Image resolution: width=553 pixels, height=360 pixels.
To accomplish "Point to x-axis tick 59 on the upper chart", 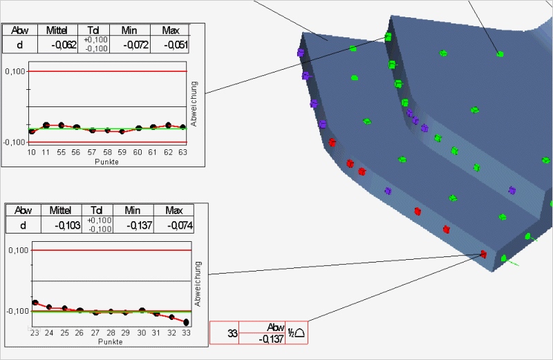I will pyautogui.click(x=122, y=151).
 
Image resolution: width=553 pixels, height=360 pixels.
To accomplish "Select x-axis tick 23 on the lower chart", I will pyautogui.click(x=34, y=332).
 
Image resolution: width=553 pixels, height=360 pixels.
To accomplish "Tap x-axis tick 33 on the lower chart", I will pyautogui.click(x=187, y=332).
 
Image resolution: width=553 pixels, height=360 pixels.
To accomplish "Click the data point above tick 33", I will pyautogui.click(x=187, y=322).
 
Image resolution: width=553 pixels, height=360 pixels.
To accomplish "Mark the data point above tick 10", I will pyautogui.click(x=31, y=131).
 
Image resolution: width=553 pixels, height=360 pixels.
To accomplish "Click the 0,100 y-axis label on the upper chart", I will pyautogui.click(x=15, y=71).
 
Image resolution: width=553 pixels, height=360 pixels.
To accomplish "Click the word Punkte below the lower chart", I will pyautogui.click(x=110, y=341).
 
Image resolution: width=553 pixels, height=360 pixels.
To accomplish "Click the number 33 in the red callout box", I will pyautogui.click(x=232, y=334).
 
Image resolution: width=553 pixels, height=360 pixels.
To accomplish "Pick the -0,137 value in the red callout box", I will pyautogui.click(x=271, y=339).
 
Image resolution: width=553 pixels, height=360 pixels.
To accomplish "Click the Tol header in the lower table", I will pyautogui.click(x=97, y=210).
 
